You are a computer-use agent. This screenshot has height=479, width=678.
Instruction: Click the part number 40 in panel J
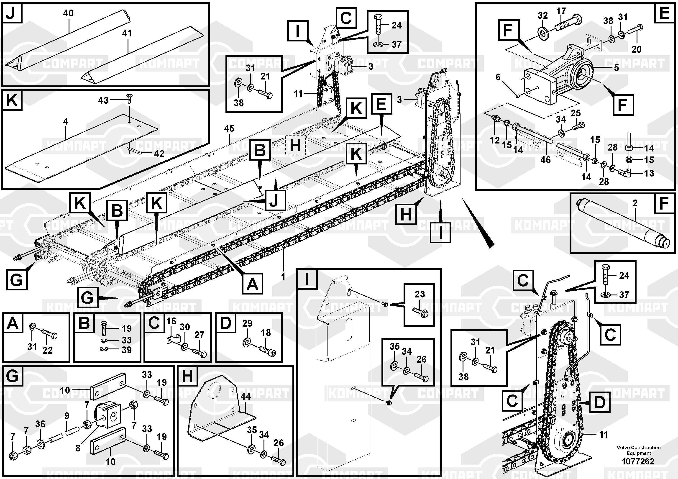click(x=69, y=13)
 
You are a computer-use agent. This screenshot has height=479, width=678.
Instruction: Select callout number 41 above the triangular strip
click(x=127, y=33)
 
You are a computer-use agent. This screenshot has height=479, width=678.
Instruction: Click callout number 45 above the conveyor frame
click(x=229, y=128)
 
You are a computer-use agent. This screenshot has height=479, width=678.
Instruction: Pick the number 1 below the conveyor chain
click(x=283, y=277)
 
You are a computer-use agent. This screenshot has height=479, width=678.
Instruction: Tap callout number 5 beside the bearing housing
click(x=617, y=68)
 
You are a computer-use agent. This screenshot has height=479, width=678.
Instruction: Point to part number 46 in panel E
click(x=545, y=160)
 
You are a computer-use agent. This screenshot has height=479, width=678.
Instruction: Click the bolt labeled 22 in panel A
click(x=49, y=334)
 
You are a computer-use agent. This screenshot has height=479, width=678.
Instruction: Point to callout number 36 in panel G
click(x=41, y=424)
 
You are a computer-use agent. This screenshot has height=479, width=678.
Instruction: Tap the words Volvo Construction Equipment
click(x=638, y=450)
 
